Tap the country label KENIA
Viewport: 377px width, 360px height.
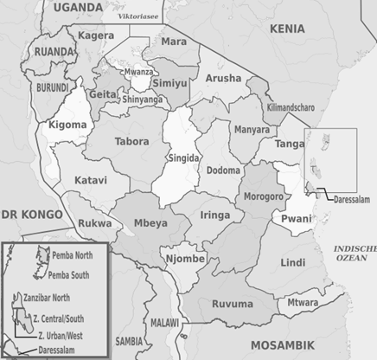(287, 29)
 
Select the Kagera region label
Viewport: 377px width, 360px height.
(96, 35)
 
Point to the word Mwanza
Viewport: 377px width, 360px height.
(138, 72)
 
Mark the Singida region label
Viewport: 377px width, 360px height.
(182, 158)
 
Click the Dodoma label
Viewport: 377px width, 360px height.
(223, 170)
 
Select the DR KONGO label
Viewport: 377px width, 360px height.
(31, 214)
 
